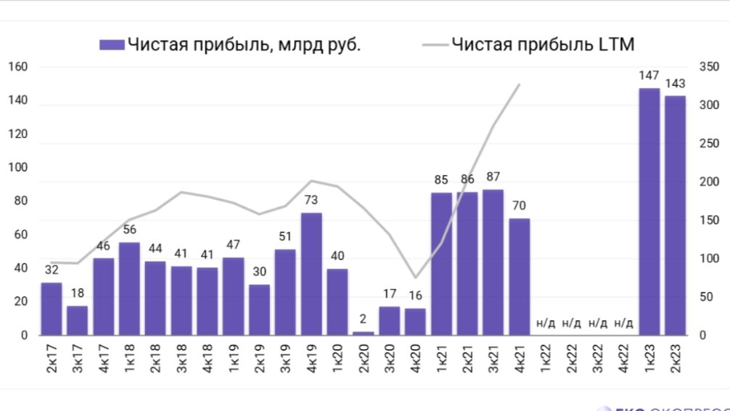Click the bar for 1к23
(649, 211)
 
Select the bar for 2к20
(363, 333)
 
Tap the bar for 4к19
(311, 274)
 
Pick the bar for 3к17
(77, 320)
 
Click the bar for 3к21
(493, 262)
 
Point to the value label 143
(675, 82)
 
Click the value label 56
(129, 229)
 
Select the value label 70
(519, 205)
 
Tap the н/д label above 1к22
(545, 323)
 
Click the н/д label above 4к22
(623, 323)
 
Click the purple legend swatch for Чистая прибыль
(112, 45)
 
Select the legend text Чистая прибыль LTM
(543, 45)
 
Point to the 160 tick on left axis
(17, 68)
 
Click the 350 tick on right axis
(708, 67)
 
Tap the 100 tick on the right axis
(708, 259)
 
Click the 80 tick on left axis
(20, 201)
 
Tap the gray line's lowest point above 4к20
(415, 277)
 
